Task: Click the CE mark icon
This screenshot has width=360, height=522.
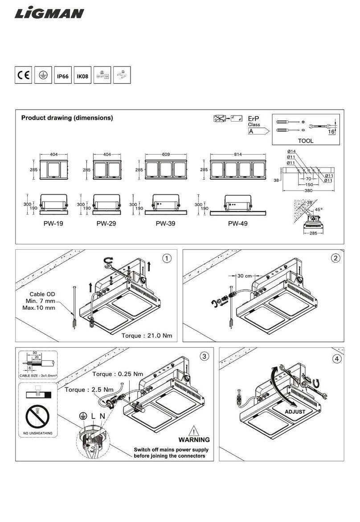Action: pyautogui.click(x=23, y=76)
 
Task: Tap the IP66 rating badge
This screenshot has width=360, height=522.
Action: pyautogui.click(x=62, y=76)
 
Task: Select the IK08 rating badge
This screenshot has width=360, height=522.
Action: pyautogui.click(x=82, y=76)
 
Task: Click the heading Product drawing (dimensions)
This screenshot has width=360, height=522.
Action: pyautogui.click(x=67, y=118)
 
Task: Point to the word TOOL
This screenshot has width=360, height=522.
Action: pyautogui.click(x=305, y=140)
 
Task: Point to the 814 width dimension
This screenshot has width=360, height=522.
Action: pyautogui.click(x=237, y=154)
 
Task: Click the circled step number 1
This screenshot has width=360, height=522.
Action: pyautogui.click(x=167, y=258)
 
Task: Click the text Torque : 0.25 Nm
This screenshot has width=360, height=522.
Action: pyautogui.click(x=118, y=374)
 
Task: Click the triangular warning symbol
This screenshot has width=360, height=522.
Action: pyautogui.click(x=194, y=431)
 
